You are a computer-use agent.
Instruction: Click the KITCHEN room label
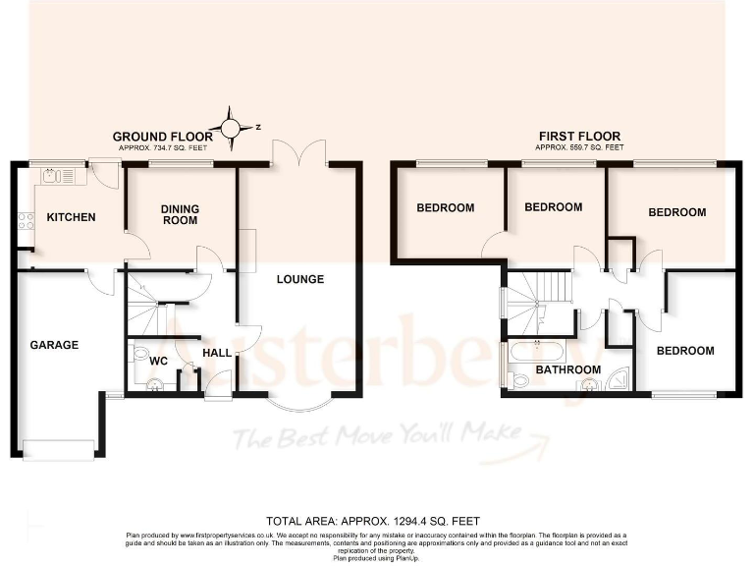coord(73,217)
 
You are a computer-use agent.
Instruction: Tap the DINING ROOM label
coord(181,214)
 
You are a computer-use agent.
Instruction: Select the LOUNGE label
coord(299,279)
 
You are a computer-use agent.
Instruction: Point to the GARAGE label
coord(54,345)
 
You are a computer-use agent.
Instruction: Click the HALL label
coord(216,353)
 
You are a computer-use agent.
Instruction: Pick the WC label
coord(159,361)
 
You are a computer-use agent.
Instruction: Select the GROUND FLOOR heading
coord(162,137)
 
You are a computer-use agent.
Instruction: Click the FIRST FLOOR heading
coord(579,137)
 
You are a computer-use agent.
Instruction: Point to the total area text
coord(373,520)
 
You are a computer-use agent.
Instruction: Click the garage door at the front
coord(58,450)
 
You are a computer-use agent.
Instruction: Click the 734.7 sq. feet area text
coord(162,147)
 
